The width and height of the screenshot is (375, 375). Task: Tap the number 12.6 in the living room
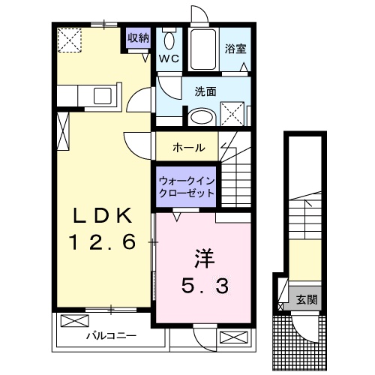(103, 241)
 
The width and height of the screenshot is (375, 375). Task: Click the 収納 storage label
(137, 37)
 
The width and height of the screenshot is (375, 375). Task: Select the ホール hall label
(188, 147)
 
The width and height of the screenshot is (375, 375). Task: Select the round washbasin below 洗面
(200, 117)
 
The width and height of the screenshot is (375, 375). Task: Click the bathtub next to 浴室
(202, 49)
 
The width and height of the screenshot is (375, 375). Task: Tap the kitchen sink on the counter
(100, 95)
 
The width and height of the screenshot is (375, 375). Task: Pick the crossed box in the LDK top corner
(71, 39)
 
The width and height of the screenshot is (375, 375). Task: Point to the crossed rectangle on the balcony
(73, 321)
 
